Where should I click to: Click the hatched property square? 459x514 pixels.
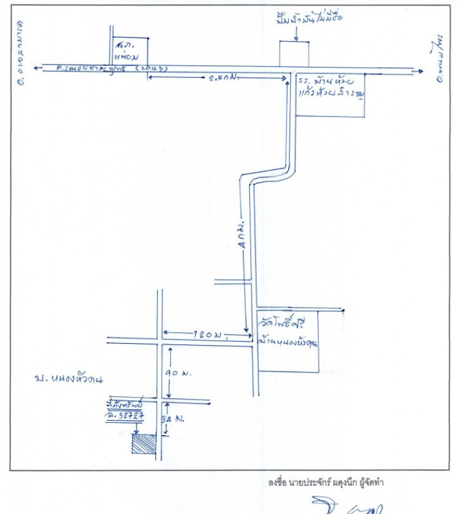point(144,444)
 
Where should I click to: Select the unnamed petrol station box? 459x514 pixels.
point(294,54)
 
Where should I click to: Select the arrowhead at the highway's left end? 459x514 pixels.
point(39,66)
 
